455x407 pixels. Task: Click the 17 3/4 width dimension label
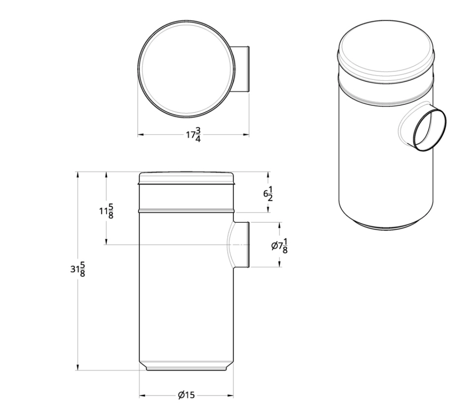coord(194,134)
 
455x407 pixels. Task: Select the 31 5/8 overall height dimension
coord(78,269)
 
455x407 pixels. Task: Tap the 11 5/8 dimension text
coord(106,211)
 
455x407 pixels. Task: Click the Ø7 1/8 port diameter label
coord(279,246)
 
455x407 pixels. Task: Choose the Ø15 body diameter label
coord(186,395)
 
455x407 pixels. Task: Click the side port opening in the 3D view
coord(430,130)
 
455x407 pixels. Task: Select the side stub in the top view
coord(242,69)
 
